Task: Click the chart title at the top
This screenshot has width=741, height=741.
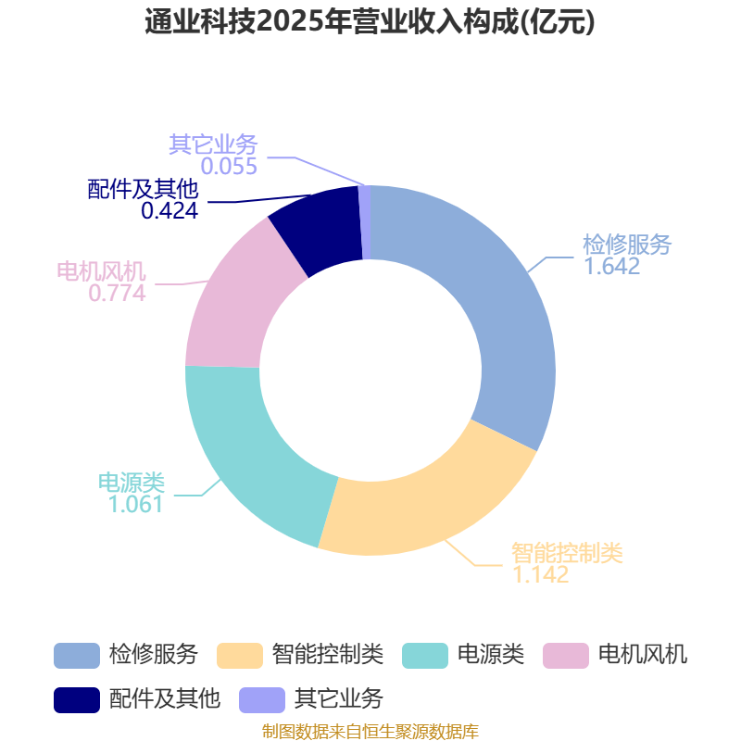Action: (370, 22)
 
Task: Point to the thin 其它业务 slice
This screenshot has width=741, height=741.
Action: (364, 222)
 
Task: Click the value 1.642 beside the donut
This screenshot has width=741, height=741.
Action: (612, 266)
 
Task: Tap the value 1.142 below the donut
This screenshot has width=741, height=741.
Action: (541, 574)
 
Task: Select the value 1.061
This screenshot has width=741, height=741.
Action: (135, 504)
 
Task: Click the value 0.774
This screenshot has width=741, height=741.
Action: (118, 294)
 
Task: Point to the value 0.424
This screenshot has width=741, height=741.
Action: (170, 211)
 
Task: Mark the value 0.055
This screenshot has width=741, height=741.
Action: (229, 167)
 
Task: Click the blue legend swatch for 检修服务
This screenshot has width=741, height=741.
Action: (77, 656)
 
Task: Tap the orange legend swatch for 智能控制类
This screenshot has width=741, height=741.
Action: (240, 656)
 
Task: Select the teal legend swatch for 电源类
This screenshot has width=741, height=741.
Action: (425, 656)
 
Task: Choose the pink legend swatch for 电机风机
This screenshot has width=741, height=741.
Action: (566, 656)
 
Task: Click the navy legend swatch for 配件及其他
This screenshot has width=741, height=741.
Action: (77, 700)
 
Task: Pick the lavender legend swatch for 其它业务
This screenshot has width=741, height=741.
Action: (262, 700)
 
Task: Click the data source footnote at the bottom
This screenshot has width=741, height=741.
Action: (370, 732)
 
